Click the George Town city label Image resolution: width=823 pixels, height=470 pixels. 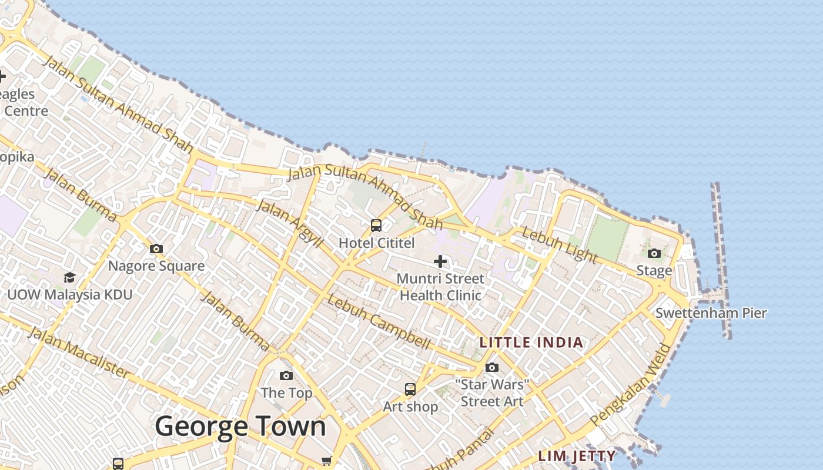click(x=240, y=426)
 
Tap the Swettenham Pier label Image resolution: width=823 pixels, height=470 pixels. click(x=711, y=313)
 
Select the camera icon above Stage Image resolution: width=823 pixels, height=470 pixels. click(x=654, y=253)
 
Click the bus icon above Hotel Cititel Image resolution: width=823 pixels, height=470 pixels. click(x=376, y=225)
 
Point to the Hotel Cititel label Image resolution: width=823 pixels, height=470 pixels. click(x=376, y=243)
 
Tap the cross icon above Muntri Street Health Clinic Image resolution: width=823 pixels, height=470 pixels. click(x=440, y=261)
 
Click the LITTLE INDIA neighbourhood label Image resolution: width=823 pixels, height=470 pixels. click(x=531, y=343)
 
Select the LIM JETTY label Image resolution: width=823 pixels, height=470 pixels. click(x=577, y=456)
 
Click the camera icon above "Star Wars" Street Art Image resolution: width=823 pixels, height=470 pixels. click(x=492, y=368)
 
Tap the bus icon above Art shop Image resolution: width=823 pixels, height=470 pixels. click(x=410, y=389)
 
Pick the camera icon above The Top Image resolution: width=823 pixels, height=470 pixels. click(x=286, y=375)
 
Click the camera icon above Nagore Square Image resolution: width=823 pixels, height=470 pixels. click(x=156, y=249)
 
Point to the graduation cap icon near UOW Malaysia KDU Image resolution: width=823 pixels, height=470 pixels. click(x=69, y=277)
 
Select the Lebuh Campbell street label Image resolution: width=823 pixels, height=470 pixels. click(x=379, y=321)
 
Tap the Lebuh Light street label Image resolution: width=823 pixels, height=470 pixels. click(x=559, y=245)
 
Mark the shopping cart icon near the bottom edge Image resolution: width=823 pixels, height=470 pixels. click(x=327, y=461)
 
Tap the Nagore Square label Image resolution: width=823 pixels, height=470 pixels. click(x=156, y=266)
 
